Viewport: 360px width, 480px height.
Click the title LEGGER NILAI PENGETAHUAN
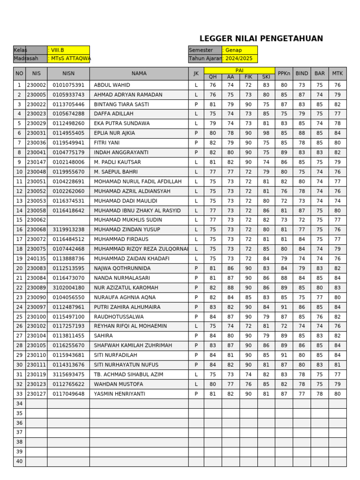coord(261,39)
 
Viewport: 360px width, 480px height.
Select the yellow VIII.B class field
coord(68,50)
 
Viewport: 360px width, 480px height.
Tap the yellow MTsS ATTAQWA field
coord(68,59)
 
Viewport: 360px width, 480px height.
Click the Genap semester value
coord(239,50)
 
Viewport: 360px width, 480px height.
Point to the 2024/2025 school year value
coord(239,59)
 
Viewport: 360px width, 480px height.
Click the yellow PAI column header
coord(239,70)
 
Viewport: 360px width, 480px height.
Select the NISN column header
coord(68,74)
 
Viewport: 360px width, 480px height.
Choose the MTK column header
coord(337,74)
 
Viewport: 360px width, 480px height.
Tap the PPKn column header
coord(284,74)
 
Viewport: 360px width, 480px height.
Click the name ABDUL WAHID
coord(112,85)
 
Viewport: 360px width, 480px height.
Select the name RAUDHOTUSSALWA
coord(119,317)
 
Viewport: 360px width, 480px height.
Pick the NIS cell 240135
coord(36,259)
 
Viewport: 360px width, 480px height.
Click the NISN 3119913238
coord(68,230)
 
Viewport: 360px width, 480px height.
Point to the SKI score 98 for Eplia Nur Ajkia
coord(266,133)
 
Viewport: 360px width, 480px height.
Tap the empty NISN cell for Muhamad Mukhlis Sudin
coord(68,220)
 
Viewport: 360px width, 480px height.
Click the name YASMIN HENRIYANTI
coord(119,394)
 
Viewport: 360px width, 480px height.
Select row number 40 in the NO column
coord(19,462)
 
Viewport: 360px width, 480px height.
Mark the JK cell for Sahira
coord(196,336)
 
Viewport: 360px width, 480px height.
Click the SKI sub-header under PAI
coord(266,77)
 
